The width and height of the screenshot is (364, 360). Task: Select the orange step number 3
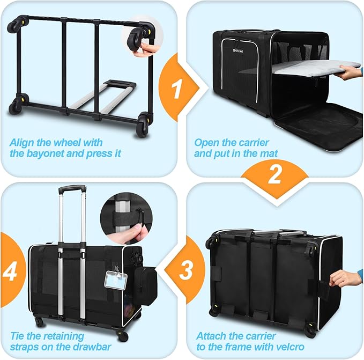[x=185, y=271]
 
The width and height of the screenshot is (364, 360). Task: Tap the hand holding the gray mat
[x=351, y=72]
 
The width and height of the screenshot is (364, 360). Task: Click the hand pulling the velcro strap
[x=346, y=278]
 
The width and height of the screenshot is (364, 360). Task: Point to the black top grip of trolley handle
[x=72, y=189]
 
